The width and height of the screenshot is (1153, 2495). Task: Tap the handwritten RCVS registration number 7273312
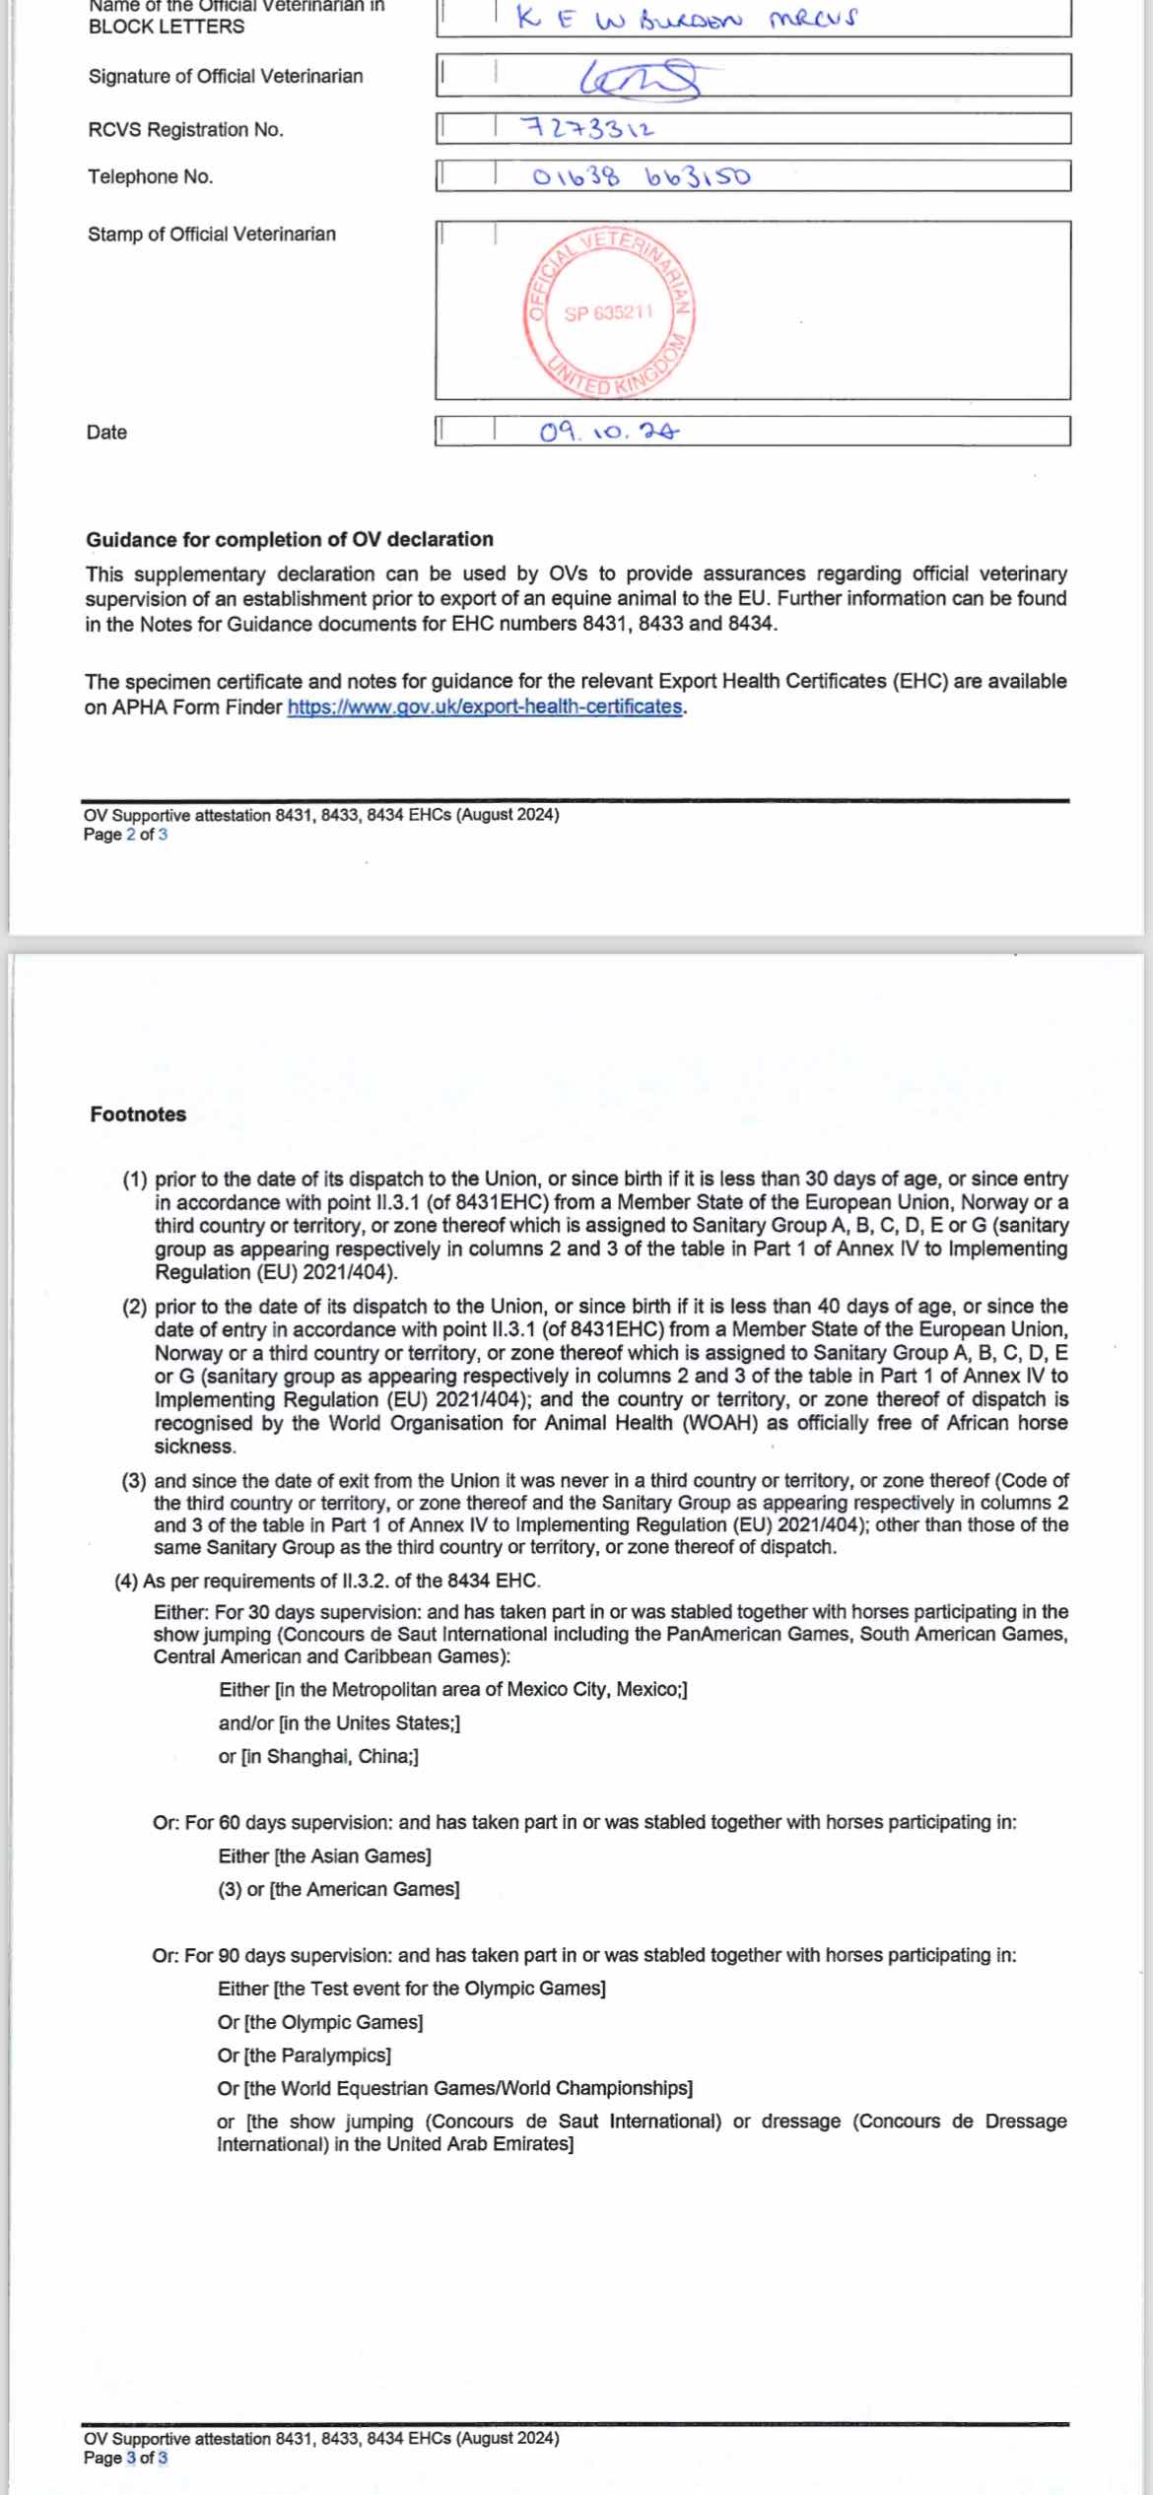(x=589, y=129)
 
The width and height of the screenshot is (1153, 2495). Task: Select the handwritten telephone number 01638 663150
(x=641, y=177)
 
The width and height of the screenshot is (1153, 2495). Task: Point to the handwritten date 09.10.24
(x=609, y=432)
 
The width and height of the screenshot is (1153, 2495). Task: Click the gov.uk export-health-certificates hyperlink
(x=485, y=708)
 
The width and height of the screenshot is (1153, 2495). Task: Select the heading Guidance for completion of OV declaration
(x=290, y=540)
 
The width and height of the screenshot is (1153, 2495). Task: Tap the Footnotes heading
(x=138, y=1114)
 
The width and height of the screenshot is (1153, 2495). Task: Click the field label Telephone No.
(x=150, y=177)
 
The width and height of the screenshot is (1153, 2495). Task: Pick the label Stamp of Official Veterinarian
(x=212, y=235)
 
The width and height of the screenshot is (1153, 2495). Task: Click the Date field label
(x=106, y=433)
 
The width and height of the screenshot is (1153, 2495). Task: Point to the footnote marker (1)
(x=135, y=1180)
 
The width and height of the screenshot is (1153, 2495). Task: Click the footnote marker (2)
(x=135, y=1308)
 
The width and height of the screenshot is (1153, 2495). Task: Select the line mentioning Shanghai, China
(x=318, y=1757)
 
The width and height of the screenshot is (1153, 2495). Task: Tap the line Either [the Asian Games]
(x=325, y=1856)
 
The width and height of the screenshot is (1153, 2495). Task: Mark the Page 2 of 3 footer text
(x=125, y=836)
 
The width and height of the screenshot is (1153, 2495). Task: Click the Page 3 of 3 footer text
(x=125, y=2459)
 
